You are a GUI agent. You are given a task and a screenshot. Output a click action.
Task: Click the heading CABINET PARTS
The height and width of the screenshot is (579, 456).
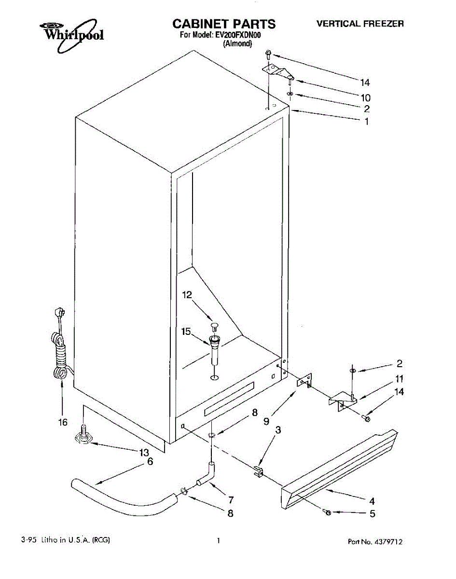224,24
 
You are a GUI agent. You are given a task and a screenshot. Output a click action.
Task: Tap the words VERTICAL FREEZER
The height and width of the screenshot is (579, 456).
360,24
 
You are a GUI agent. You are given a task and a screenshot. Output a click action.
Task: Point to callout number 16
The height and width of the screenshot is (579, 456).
63,422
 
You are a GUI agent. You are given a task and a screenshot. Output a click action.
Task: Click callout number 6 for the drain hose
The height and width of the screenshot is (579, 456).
150,461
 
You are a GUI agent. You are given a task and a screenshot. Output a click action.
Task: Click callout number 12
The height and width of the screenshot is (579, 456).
187,295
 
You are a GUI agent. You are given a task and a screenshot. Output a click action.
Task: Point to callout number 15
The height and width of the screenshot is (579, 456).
186,331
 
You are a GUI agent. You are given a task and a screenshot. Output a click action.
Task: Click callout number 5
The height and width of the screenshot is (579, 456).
373,513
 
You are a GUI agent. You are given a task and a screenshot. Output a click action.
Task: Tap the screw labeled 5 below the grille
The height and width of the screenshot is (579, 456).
328,512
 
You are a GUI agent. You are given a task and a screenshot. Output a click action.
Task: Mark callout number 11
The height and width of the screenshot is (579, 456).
399,379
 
